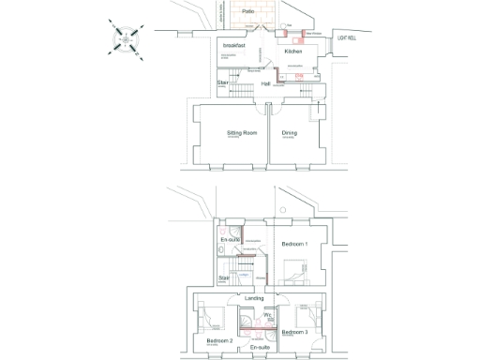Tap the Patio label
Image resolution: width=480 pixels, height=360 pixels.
(247, 11)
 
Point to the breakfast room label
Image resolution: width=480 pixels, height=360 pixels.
(234, 44)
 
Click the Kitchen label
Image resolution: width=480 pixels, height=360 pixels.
(293, 52)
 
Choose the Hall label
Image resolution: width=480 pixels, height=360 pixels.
(265, 84)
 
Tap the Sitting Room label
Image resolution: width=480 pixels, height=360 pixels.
(242, 133)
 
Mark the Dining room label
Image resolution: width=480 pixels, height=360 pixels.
(290, 133)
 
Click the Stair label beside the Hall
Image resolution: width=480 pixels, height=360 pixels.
(223, 82)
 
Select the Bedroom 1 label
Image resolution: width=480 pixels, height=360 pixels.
(293, 244)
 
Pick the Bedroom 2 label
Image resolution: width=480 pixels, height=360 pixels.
(218, 340)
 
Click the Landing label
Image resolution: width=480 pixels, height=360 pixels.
(254, 298)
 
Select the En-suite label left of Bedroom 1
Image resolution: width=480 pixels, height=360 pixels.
(230, 240)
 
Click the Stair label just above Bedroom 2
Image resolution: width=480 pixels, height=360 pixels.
(224, 277)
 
